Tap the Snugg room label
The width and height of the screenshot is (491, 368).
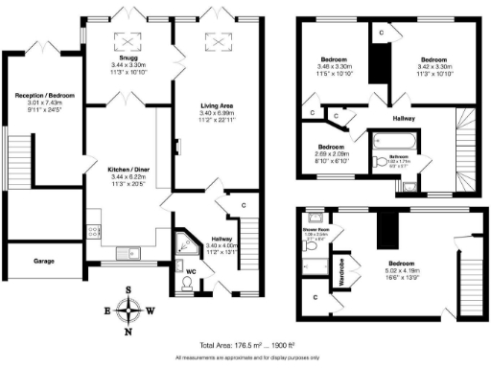pyautogui.click(x=127, y=57)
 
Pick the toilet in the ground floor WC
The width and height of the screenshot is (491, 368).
pyautogui.click(x=186, y=257)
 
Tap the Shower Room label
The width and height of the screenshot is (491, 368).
pyautogui.click(x=316, y=229)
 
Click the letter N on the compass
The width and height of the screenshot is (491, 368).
pyautogui.click(x=128, y=332)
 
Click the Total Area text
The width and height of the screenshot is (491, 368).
pyautogui.click(x=245, y=344)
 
